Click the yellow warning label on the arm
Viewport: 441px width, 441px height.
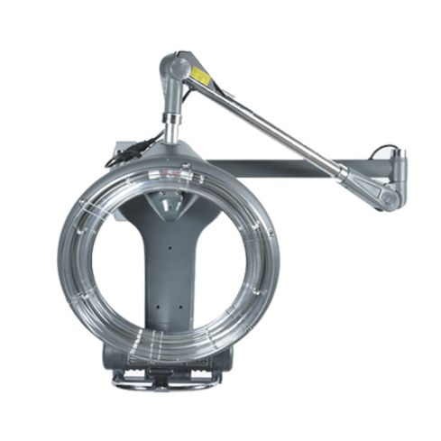click(x=199, y=77)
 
